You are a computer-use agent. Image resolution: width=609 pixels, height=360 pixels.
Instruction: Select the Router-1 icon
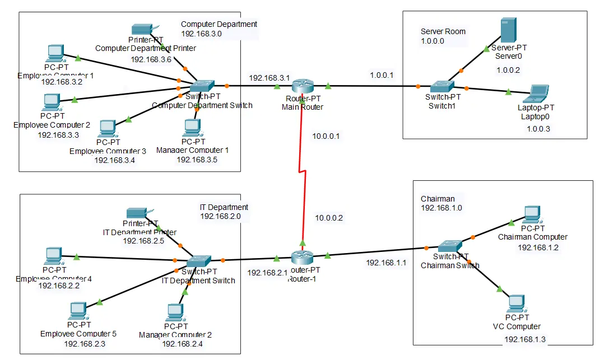coord(303,258)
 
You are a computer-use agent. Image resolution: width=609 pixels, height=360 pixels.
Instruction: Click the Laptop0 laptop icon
coord(540,93)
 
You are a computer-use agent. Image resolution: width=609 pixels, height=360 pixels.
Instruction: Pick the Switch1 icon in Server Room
coord(443,86)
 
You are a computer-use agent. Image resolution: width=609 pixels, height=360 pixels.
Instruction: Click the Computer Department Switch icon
coord(202,86)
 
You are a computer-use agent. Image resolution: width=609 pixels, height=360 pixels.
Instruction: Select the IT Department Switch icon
coord(198,261)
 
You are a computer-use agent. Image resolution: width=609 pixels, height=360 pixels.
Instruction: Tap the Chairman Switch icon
coord(450,246)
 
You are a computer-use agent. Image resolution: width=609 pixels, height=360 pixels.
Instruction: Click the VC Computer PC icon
coord(515,303)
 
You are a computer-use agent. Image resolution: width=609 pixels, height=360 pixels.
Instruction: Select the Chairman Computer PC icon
coord(532,214)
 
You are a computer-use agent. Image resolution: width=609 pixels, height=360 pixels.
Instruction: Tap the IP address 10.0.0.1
coord(327,135)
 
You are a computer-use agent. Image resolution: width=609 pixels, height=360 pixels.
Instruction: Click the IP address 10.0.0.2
coord(328,217)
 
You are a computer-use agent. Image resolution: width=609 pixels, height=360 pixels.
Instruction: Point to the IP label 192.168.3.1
coord(269,78)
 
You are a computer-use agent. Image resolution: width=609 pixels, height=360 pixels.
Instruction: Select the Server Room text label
coord(443,31)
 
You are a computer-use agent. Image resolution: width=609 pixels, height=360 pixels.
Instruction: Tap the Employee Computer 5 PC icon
coord(78,310)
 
